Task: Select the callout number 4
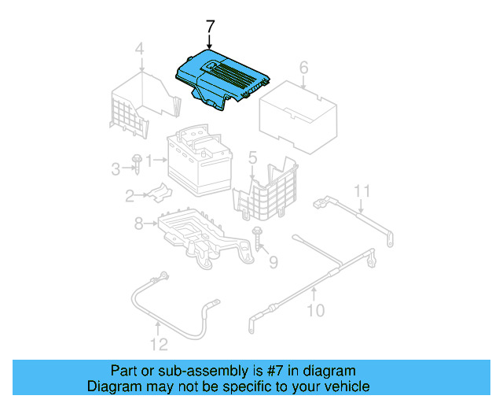pos(139,51)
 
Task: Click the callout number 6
pos(303,68)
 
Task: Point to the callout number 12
pos(160,344)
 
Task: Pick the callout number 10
pos(314,310)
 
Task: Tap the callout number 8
pos(138,224)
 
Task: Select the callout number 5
pos(251,159)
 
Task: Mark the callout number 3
pos(115,168)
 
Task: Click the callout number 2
pos(129,197)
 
